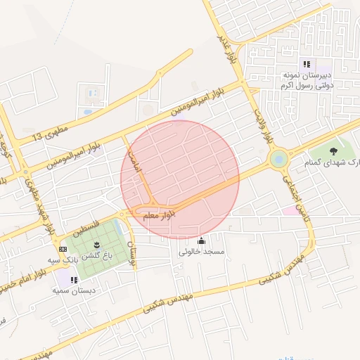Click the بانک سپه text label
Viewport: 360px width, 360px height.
pos(62,260)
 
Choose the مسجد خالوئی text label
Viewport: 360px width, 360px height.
pos(202,251)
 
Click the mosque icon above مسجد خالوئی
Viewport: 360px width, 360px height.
pos(202,240)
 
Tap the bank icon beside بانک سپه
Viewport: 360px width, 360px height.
pos(63,249)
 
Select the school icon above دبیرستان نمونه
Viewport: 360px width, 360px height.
pos(306,63)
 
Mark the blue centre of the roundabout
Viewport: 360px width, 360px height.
pos(279,160)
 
